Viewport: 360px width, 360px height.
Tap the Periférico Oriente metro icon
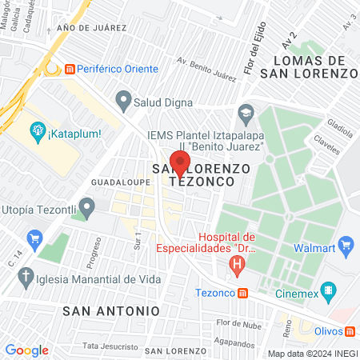tap(70, 69)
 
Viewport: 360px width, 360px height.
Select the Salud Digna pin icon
tap(122, 101)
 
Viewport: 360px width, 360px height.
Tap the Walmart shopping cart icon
tap(346, 243)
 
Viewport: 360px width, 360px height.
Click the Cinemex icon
tap(327, 290)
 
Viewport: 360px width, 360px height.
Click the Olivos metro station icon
tap(350, 331)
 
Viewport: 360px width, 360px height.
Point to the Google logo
tap(26, 350)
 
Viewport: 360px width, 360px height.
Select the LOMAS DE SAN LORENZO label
tap(313, 66)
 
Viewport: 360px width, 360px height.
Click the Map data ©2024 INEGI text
tap(310, 354)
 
